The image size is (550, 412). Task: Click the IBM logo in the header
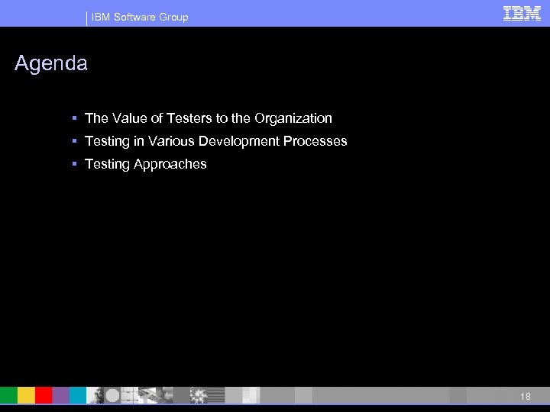[x=522, y=14]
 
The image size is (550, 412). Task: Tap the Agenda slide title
[x=51, y=64]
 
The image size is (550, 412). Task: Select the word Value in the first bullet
[x=129, y=118]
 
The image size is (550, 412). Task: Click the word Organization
[x=293, y=118]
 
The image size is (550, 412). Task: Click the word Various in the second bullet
[x=171, y=141]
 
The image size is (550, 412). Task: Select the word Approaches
[x=171, y=164]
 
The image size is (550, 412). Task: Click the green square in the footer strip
[x=8, y=395]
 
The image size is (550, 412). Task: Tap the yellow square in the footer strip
[x=26, y=395]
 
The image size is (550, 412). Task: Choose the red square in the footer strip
[x=44, y=395]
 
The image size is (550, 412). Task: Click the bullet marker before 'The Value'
[x=74, y=118]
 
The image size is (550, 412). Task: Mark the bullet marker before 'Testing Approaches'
[x=74, y=164]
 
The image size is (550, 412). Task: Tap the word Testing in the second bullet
[x=106, y=141]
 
